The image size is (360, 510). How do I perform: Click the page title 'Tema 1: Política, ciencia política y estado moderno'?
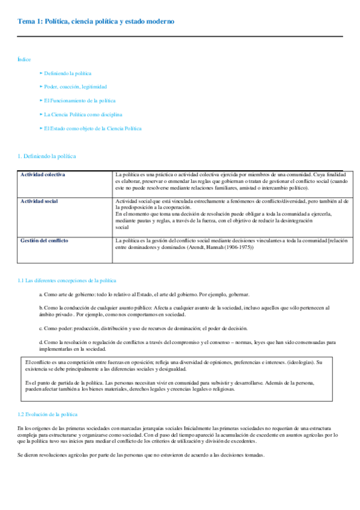pyautogui.click(x=96, y=22)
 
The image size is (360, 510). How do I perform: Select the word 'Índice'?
pyautogui.click(x=25, y=60)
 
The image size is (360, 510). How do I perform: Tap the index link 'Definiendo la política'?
pyautogui.click(x=67, y=73)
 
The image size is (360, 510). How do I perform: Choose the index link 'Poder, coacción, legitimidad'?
pyautogui.click(x=75, y=87)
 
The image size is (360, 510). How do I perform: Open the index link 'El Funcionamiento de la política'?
pyautogui.click(x=79, y=100)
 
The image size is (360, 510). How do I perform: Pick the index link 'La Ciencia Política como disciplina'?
pyautogui.click(x=83, y=114)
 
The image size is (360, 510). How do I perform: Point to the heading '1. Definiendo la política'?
pyautogui.click(x=47, y=156)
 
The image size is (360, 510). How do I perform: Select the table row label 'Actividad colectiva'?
pyautogui.click(x=43, y=174)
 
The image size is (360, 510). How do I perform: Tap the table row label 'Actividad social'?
pyautogui.click(x=39, y=201)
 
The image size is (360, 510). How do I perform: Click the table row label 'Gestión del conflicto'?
pyautogui.click(x=44, y=241)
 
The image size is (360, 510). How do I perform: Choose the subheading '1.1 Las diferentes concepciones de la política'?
pyautogui.click(x=67, y=280)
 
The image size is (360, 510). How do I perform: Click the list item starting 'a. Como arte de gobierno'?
pyautogui.click(x=144, y=294)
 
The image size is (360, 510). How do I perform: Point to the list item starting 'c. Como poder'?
pyautogui.click(x=143, y=328)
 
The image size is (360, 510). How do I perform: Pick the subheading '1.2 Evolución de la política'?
pyautogui.click(x=47, y=414)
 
